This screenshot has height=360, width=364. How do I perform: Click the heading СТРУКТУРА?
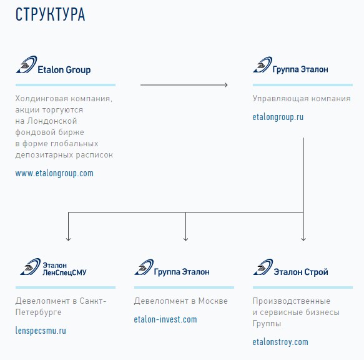click(x=50, y=14)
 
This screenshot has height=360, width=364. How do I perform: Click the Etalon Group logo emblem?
click(x=26, y=64)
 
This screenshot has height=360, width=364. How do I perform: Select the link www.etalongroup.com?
click(x=54, y=173)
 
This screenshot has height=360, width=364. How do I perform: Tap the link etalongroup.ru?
click(x=278, y=117)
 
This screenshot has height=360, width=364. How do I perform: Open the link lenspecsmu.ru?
click(x=41, y=331)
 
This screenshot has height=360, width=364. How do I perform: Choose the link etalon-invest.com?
click(x=165, y=319)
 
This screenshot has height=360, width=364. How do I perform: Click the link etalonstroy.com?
click(x=280, y=342)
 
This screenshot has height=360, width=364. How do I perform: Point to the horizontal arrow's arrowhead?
click(x=226, y=85)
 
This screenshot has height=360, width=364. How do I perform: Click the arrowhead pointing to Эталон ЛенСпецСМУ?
click(x=68, y=239)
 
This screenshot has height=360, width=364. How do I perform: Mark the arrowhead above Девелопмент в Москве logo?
click(x=185, y=239)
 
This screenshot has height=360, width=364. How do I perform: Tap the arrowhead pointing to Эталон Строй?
click(x=303, y=239)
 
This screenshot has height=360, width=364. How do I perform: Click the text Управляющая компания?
click(x=302, y=99)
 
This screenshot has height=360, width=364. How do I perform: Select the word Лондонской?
click(x=52, y=121)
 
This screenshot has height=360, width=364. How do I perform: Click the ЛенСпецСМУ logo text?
click(x=64, y=272)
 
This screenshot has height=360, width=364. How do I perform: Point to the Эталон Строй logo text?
click(x=301, y=272)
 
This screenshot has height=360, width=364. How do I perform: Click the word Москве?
click(x=213, y=301)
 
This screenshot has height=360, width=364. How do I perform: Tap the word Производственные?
click(x=292, y=301)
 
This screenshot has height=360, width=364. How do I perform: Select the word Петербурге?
click(x=38, y=312)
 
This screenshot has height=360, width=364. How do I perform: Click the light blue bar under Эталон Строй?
click(x=303, y=287)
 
